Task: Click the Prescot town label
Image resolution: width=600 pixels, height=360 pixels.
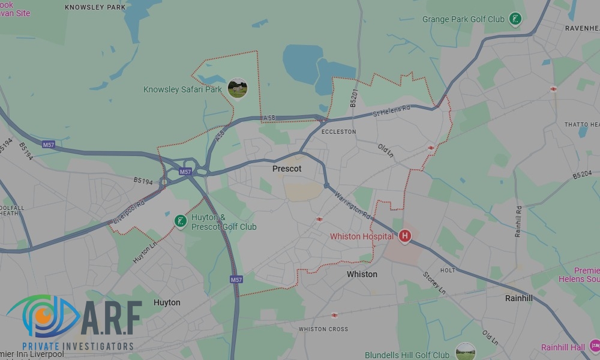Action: point(287,169)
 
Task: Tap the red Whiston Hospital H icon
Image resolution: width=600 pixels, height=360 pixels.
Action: point(405,236)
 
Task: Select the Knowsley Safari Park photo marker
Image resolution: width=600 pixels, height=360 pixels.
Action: point(238,88)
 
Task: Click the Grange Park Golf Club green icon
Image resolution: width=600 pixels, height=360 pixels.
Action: point(515,19)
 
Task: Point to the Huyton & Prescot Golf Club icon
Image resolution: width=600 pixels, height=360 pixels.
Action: point(180,221)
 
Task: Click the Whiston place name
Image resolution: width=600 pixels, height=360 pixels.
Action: point(362,274)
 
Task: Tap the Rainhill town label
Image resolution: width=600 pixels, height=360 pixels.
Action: point(518,298)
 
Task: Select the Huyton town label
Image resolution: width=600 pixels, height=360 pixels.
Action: point(167,302)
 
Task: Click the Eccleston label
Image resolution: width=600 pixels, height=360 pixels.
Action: point(338,131)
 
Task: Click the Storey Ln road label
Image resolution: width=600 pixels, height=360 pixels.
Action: point(434,283)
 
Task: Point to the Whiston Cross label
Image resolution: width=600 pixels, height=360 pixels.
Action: point(323,329)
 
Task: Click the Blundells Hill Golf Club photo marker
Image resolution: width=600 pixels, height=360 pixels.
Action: point(466,352)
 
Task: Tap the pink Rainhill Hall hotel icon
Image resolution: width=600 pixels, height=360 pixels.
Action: point(594,346)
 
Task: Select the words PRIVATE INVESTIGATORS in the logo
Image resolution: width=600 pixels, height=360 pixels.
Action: point(78,346)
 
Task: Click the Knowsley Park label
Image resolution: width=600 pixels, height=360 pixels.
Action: point(95,7)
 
